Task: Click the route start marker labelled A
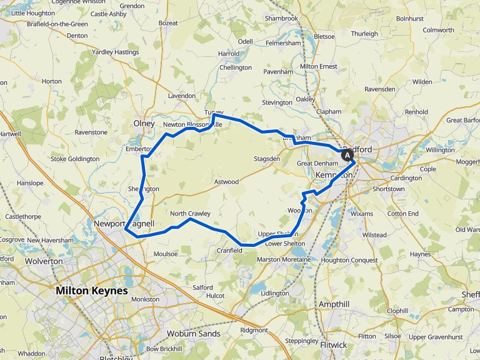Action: tap(347, 155)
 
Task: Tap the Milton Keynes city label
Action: tap(91, 291)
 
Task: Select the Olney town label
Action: tap(144, 124)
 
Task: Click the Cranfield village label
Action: tap(229, 251)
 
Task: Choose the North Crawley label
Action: tap(190, 214)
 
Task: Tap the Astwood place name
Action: tap(226, 182)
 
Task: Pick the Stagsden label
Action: tap(267, 159)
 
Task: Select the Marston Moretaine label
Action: tap(283, 259)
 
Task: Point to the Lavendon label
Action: tap(182, 96)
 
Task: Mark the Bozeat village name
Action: tap(169, 23)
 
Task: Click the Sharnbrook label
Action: tap(281, 19)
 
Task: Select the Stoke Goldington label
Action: tap(75, 159)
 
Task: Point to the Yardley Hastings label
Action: tap(115, 52)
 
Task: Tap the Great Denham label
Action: tap(317, 164)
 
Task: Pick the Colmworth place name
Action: tap(438, 30)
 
